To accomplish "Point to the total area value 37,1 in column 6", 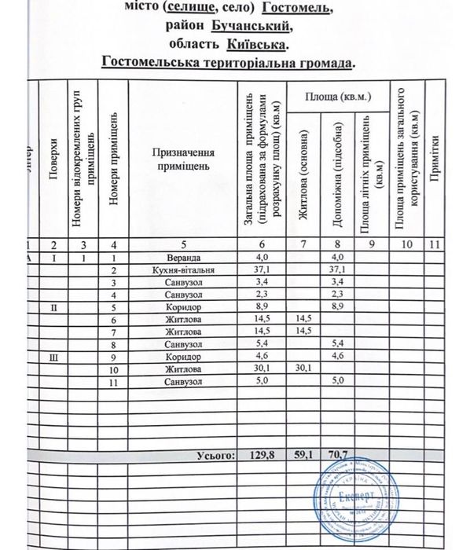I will (259, 270).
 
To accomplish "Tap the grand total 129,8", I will (259, 454).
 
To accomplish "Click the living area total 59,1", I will (301, 454).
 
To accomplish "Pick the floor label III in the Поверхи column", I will (53, 356).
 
